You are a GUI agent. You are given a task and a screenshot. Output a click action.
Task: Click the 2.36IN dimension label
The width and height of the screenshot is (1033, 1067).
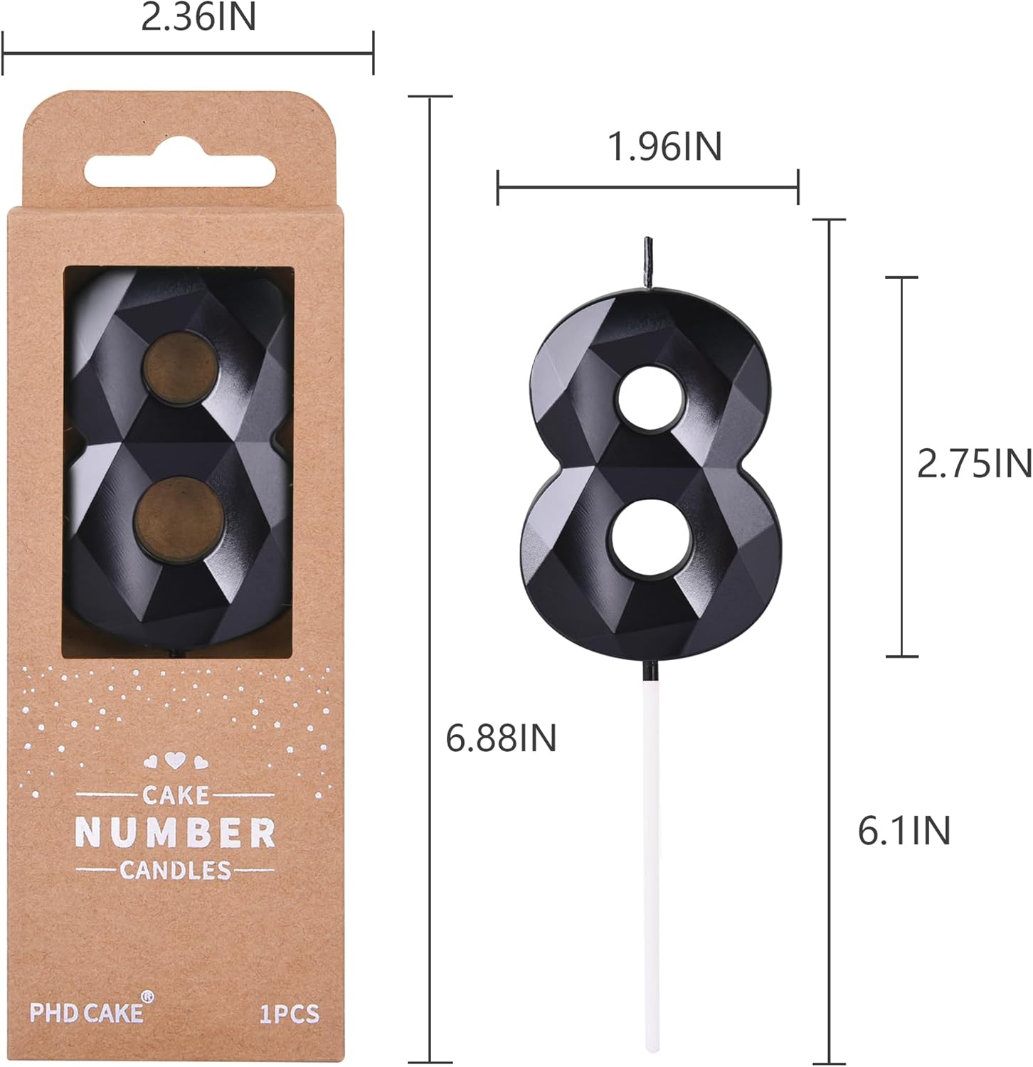click(198, 17)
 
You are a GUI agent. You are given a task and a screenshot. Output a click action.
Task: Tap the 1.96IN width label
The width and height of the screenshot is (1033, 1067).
click(664, 147)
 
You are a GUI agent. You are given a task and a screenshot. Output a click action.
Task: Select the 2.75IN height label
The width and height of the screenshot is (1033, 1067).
click(974, 465)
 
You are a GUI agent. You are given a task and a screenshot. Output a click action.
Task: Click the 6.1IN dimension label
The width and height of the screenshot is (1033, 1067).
click(904, 831)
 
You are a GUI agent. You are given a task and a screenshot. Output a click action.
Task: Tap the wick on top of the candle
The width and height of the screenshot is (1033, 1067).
click(648, 263)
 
